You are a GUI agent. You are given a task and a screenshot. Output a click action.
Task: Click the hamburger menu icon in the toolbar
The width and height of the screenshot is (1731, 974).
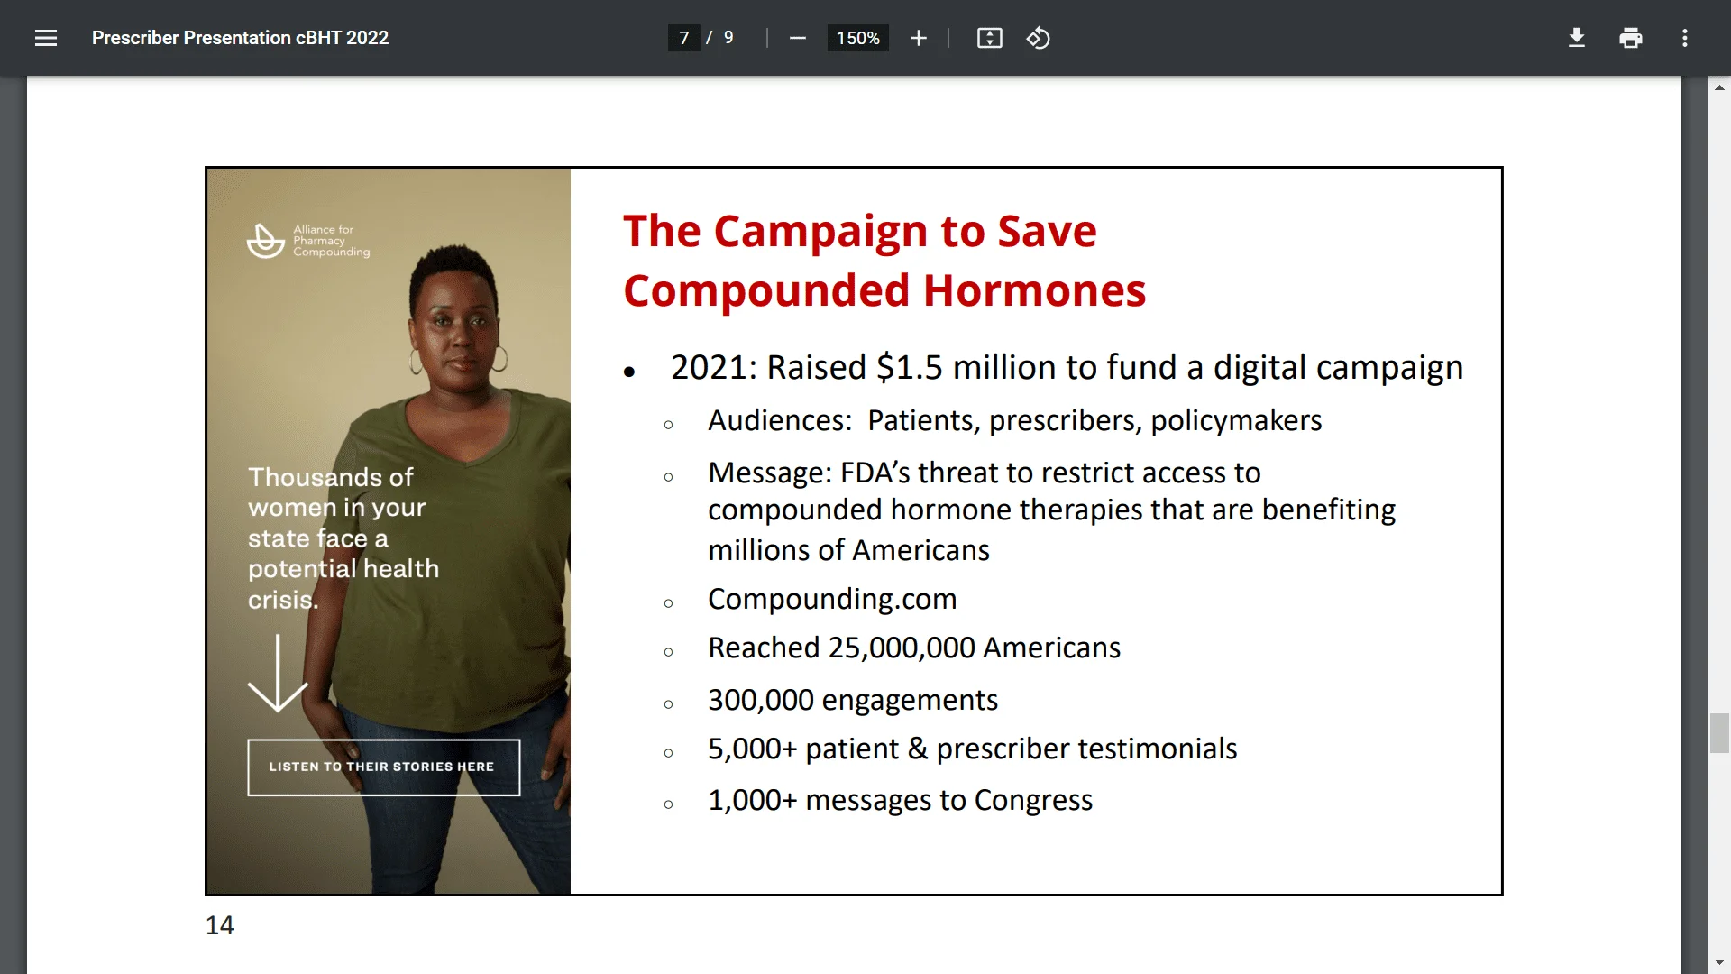[x=46, y=38]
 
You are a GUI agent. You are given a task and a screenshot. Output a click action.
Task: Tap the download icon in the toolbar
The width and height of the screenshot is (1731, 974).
[x=1577, y=38]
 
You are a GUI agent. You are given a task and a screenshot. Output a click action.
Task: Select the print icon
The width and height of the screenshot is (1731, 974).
[x=1631, y=38]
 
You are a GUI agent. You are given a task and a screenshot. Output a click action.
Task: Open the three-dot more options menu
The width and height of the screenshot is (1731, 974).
[x=1685, y=38]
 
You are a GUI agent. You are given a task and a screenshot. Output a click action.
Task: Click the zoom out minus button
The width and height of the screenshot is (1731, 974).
[x=798, y=38]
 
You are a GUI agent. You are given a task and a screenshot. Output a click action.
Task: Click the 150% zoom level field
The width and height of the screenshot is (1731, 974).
[x=857, y=38]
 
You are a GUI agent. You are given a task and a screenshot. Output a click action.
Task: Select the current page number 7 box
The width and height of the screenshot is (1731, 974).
[x=684, y=38]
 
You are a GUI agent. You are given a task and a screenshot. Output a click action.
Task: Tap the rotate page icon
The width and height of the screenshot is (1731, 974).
[x=1039, y=38]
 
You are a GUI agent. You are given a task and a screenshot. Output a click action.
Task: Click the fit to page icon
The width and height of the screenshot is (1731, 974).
[x=990, y=38]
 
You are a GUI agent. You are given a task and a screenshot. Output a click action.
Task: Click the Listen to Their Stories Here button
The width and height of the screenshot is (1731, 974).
[x=384, y=767]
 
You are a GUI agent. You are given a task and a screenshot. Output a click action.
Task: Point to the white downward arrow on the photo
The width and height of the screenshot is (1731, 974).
[x=278, y=673]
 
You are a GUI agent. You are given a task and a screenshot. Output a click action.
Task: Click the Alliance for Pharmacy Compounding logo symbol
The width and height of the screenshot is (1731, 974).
[x=266, y=241]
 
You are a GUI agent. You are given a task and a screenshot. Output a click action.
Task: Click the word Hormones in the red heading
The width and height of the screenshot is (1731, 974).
[x=1034, y=291]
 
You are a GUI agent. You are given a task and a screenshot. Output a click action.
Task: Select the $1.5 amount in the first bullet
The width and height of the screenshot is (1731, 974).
[x=910, y=367]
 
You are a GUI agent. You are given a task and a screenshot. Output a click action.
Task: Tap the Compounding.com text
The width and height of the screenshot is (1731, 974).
[x=832, y=600]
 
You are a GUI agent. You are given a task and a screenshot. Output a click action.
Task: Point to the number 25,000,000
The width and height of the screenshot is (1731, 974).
[x=902, y=648]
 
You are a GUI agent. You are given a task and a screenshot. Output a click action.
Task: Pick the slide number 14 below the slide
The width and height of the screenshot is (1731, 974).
[x=220, y=925]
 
